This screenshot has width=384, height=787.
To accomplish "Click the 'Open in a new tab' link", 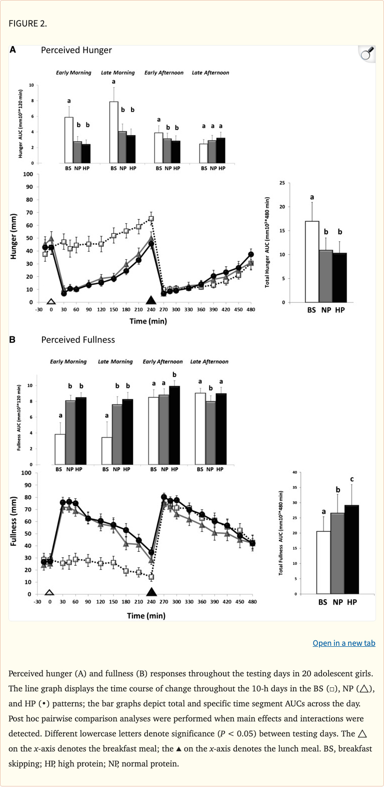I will coord(343,643).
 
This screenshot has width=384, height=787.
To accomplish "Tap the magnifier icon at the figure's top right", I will coord(367,54).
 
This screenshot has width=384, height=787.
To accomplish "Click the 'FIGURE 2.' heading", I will coord(27,23).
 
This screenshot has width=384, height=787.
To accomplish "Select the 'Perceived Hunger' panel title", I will coord(76,50).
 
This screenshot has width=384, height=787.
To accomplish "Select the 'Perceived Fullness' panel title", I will coord(78,339).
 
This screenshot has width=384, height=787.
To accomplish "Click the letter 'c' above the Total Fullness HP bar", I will coord(352,479).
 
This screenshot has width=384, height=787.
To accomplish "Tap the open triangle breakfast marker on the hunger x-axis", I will coord(51,302).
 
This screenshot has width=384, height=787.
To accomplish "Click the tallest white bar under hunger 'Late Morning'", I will coord(113,132).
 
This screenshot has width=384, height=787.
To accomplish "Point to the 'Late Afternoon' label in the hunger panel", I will coord(210,73).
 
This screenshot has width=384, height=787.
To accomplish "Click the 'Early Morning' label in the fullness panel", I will coord(68,361).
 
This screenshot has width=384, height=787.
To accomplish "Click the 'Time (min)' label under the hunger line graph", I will coord(148,321).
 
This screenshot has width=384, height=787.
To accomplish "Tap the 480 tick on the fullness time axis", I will coord(252,601).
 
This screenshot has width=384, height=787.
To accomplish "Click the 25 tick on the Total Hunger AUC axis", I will coord(282,183).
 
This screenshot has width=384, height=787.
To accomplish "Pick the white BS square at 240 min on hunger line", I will coord(151,219).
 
